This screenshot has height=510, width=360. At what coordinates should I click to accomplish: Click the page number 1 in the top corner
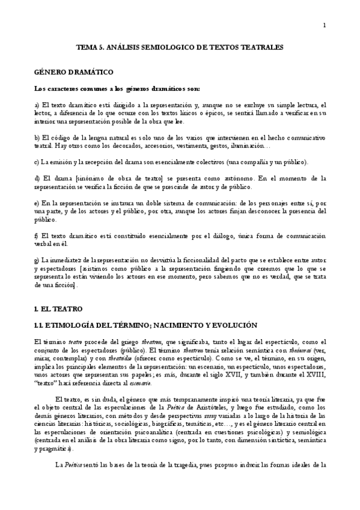[325, 25]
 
